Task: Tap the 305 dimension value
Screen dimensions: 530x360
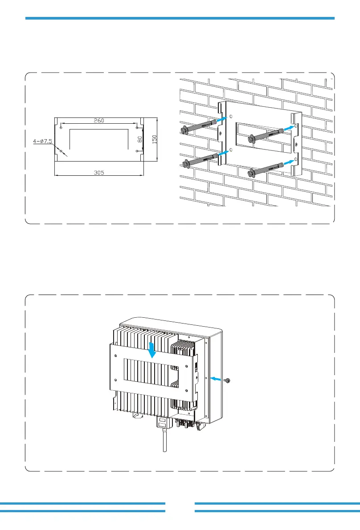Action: (99, 173)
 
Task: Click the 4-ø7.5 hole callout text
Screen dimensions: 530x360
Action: (43, 142)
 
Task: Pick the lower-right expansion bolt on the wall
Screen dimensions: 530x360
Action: (266, 169)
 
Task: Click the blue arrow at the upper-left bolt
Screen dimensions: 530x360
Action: (220, 119)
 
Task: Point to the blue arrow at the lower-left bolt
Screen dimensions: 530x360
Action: (222, 153)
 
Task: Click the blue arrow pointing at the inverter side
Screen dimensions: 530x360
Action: (216, 379)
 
